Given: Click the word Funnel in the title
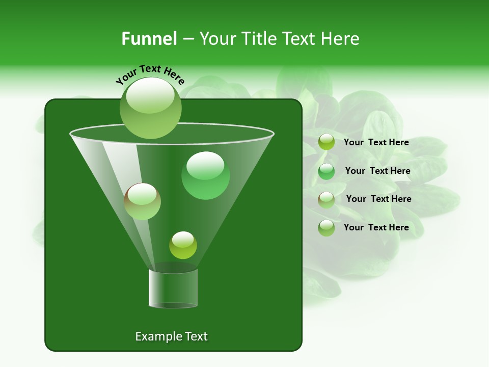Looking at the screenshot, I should (149, 39).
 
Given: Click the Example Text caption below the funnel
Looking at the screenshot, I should (171, 336).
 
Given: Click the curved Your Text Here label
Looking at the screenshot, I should (150, 74).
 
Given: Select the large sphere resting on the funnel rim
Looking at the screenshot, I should (151, 108).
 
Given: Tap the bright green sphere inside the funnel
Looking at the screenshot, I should (205, 175).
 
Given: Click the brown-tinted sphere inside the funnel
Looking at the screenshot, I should (142, 201).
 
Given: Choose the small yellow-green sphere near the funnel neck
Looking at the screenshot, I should (183, 245).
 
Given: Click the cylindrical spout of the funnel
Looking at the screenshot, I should (173, 288).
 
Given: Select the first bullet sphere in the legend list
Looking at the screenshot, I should (327, 142).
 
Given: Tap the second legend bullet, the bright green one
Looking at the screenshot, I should (327, 171).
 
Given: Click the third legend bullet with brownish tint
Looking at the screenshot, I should (327, 199).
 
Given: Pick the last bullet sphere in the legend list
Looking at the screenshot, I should (327, 228).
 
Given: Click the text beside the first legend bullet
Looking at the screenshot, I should (376, 142).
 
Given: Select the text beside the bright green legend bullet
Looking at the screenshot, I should (377, 171).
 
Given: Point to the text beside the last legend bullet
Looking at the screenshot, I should (376, 227).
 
